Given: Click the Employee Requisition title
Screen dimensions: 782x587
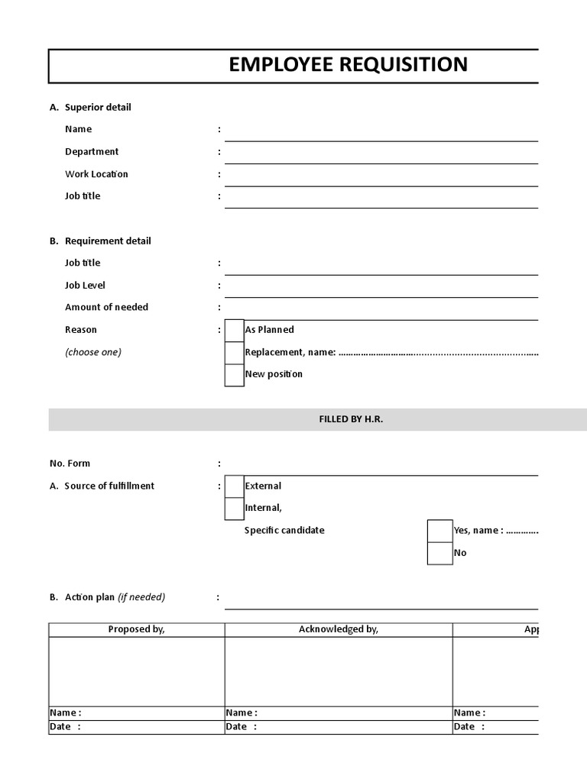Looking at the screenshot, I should click(x=348, y=65).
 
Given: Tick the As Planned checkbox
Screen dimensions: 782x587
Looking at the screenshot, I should click(x=235, y=330).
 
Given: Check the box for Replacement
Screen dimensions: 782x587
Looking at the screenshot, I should click(x=235, y=353).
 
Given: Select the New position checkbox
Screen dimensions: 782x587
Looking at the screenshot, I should click(x=235, y=375).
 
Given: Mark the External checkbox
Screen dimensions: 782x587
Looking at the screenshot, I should click(x=235, y=486).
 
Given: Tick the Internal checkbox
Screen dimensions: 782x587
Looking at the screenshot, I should click(x=235, y=509).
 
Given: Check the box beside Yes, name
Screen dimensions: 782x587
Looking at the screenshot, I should click(x=439, y=531).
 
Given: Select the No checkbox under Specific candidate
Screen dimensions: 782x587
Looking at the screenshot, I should click(x=439, y=553).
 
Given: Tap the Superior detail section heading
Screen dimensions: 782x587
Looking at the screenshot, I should click(x=97, y=108).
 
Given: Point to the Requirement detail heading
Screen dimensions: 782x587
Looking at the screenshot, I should click(x=108, y=241).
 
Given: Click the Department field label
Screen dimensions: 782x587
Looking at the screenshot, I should click(x=92, y=152).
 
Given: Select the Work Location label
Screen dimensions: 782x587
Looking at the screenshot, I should click(x=96, y=174).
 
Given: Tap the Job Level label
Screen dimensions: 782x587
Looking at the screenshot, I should click(x=85, y=286).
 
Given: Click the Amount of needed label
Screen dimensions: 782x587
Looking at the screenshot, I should click(x=106, y=307).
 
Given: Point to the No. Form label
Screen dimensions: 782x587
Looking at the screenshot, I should click(x=70, y=464).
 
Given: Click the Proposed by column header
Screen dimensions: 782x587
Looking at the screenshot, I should click(x=137, y=630).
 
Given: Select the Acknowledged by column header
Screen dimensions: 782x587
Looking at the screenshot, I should click(x=339, y=630).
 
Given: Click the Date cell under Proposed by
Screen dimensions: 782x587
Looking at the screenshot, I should click(x=137, y=727).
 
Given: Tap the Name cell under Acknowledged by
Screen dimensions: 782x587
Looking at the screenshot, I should click(x=339, y=713).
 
